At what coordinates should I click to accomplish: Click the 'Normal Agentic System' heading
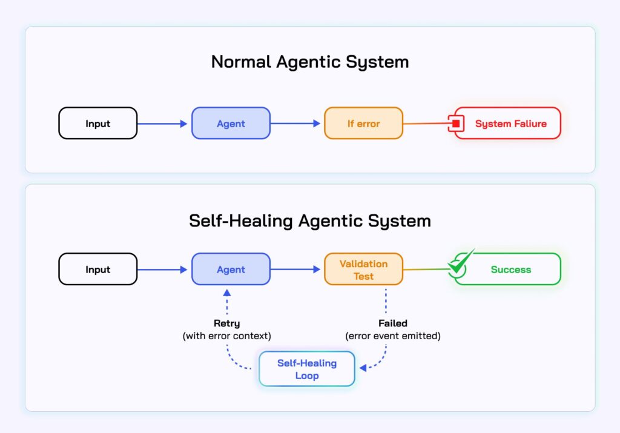(310, 62)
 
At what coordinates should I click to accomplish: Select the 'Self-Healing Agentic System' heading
(310, 220)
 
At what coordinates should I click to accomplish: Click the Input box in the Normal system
(98, 124)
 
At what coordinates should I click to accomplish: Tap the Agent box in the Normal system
(231, 124)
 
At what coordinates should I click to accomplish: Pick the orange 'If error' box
(363, 124)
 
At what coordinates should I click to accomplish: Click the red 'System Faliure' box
(508, 124)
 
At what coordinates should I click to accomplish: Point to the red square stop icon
(456, 124)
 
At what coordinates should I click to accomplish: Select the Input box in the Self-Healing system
(98, 269)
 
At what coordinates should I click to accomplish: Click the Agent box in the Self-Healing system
(231, 269)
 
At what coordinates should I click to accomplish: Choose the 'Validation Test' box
(363, 269)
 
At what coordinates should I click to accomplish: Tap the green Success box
(508, 269)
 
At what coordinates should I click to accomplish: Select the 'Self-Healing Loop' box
(307, 369)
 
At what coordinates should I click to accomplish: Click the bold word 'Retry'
(226, 323)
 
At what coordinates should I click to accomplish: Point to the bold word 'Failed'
(392, 323)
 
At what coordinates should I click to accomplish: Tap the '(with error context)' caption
(226, 336)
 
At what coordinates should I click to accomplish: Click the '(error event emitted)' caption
(392, 336)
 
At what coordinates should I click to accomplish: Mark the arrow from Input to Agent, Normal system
(162, 124)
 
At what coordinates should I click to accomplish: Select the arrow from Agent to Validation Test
(295, 269)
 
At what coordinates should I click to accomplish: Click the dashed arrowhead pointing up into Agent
(227, 293)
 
